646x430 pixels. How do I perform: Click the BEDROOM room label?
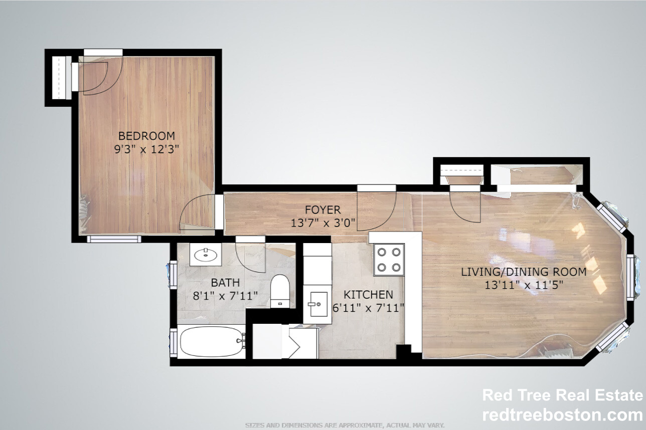click(146, 135)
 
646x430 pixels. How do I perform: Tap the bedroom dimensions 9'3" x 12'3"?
click(146, 149)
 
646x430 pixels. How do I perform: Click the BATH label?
click(225, 283)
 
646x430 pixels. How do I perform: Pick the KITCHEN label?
click(368, 295)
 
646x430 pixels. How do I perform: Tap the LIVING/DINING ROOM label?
click(524, 272)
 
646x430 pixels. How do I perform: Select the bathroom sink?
click(206, 256)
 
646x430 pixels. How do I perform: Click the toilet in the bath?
click(279, 291)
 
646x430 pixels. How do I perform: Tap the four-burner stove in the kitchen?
click(390, 259)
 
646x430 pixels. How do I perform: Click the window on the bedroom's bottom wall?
click(114, 239)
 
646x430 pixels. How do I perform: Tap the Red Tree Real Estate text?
click(562, 395)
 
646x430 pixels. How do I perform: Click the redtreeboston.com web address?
click(562, 415)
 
